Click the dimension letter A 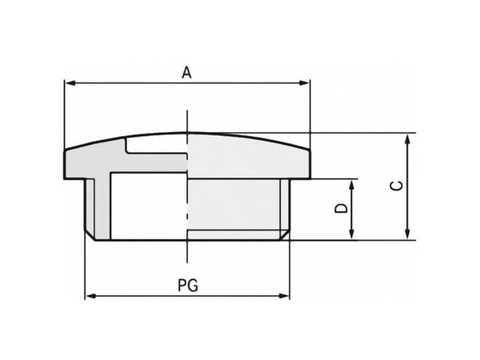point(186,73)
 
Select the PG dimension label point(188,286)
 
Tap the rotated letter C point(397,186)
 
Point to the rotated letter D point(342,209)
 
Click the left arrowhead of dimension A point(70,83)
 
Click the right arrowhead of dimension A point(304,83)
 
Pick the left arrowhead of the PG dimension point(91,296)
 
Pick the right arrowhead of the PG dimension point(284,296)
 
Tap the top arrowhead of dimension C point(407,139)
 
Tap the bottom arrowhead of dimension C point(407,234)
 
